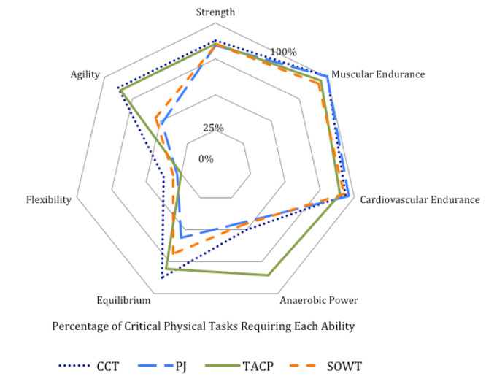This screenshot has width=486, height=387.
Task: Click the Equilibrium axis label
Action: click(x=123, y=300)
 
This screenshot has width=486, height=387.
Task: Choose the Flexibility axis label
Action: click(x=48, y=200)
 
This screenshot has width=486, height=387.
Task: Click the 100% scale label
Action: click(x=284, y=53)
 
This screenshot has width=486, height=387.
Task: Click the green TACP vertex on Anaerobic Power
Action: click(x=268, y=275)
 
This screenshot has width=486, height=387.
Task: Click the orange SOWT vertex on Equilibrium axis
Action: click(x=171, y=252)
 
